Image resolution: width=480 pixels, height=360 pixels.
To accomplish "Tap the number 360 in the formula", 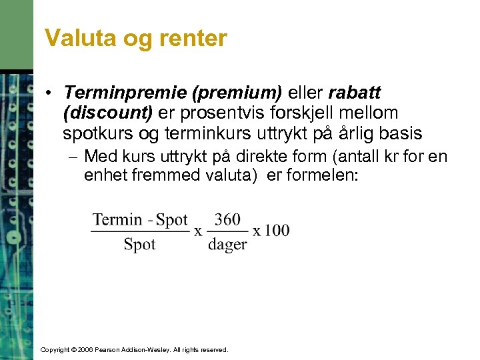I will point(227,220).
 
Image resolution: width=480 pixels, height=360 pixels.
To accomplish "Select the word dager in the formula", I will point(227,244).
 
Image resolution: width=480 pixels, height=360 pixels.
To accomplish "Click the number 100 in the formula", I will point(276,231).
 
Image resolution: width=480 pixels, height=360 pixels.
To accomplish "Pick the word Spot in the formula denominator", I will point(139,244).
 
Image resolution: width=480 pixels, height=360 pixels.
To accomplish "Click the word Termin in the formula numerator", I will point(117,220).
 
